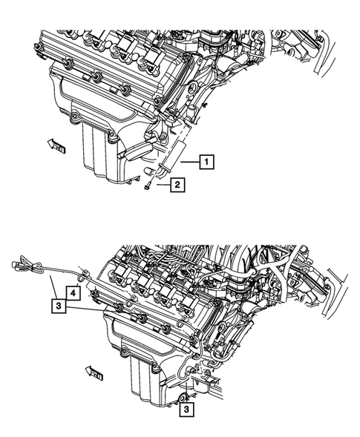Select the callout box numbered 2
pos(179,185)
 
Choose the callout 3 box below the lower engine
pos(187,407)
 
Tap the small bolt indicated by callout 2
pos(148,188)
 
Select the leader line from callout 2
pos(162,186)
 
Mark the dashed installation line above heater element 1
pos(177,134)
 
